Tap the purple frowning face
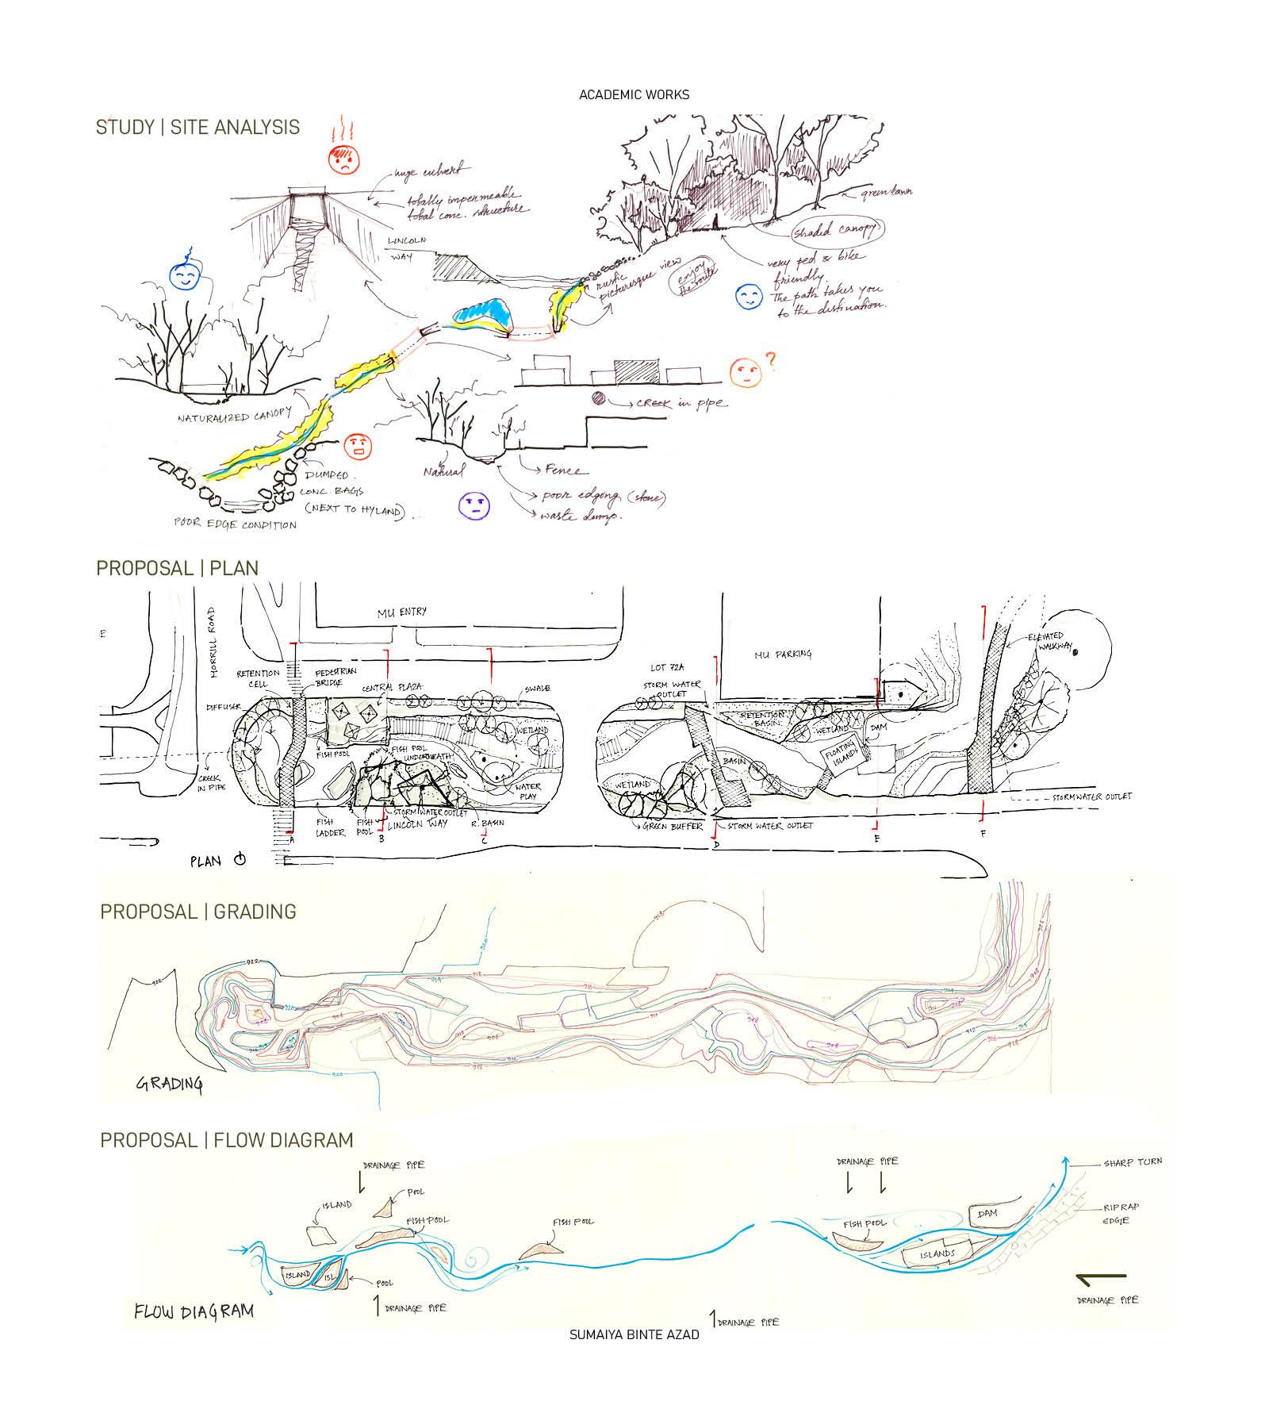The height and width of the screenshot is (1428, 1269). coord(475,504)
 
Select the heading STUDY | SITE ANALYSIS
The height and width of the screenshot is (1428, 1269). coord(197,127)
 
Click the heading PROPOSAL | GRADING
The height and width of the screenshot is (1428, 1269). coord(197,912)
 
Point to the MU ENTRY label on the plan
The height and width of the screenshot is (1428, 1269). coord(402,611)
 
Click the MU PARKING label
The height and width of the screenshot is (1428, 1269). coord(783,654)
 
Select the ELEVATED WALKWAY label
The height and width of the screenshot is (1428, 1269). coord(1052,644)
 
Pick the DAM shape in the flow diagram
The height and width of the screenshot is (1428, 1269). coord(987,1215)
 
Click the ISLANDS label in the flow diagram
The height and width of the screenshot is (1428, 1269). coord(938,1254)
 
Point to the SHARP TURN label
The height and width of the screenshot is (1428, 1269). coord(1133,1161)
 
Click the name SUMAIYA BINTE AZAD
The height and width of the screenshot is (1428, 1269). coord(634,1334)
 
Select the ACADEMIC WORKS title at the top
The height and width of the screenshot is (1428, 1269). coord(634,95)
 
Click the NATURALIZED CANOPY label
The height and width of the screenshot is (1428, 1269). coord(235,416)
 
